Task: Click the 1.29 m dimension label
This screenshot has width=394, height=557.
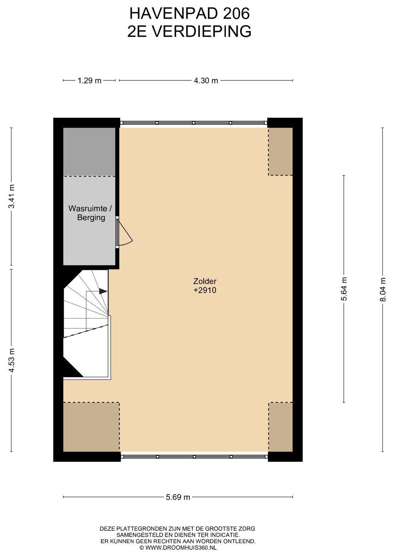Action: (89, 81)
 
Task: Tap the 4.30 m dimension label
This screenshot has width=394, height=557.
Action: (206, 81)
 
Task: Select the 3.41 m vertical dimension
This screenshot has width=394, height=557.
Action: (12, 197)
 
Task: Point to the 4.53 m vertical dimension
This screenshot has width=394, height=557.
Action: (12, 360)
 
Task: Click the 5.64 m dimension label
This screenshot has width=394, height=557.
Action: (344, 289)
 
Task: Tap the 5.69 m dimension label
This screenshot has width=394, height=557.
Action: (178, 497)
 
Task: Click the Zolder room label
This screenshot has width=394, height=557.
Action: (205, 281)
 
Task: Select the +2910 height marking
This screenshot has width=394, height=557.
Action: (205, 290)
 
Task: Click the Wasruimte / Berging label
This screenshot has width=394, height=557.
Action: (90, 213)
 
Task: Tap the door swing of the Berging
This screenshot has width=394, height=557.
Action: (125, 233)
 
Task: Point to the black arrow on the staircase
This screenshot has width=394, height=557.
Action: (103, 291)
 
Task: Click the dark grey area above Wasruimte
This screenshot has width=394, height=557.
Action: (89, 152)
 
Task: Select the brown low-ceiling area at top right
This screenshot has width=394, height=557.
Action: (281, 151)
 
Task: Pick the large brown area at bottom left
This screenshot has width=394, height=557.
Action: (91, 427)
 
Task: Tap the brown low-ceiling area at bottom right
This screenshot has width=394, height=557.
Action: (281, 427)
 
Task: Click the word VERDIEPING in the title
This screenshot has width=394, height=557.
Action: (201, 32)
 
